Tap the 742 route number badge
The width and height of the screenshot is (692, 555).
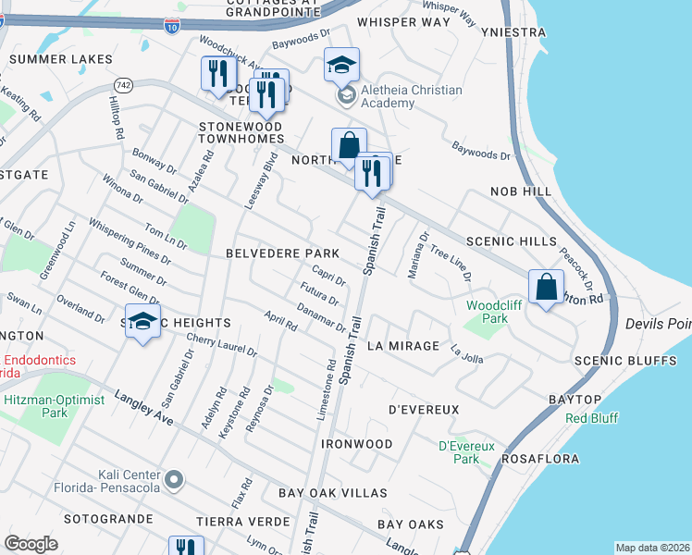[x=124, y=84]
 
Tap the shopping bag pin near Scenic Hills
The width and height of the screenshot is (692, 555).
[x=546, y=288]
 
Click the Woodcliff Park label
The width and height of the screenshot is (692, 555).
[x=488, y=311]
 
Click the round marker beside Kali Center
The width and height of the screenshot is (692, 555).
[x=173, y=480]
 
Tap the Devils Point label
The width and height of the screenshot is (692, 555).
[x=658, y=324]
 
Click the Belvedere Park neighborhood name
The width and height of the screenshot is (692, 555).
[x=281, y=253]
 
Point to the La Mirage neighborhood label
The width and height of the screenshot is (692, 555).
[x=402, y=345]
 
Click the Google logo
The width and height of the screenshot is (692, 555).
[x=31, y=543]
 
